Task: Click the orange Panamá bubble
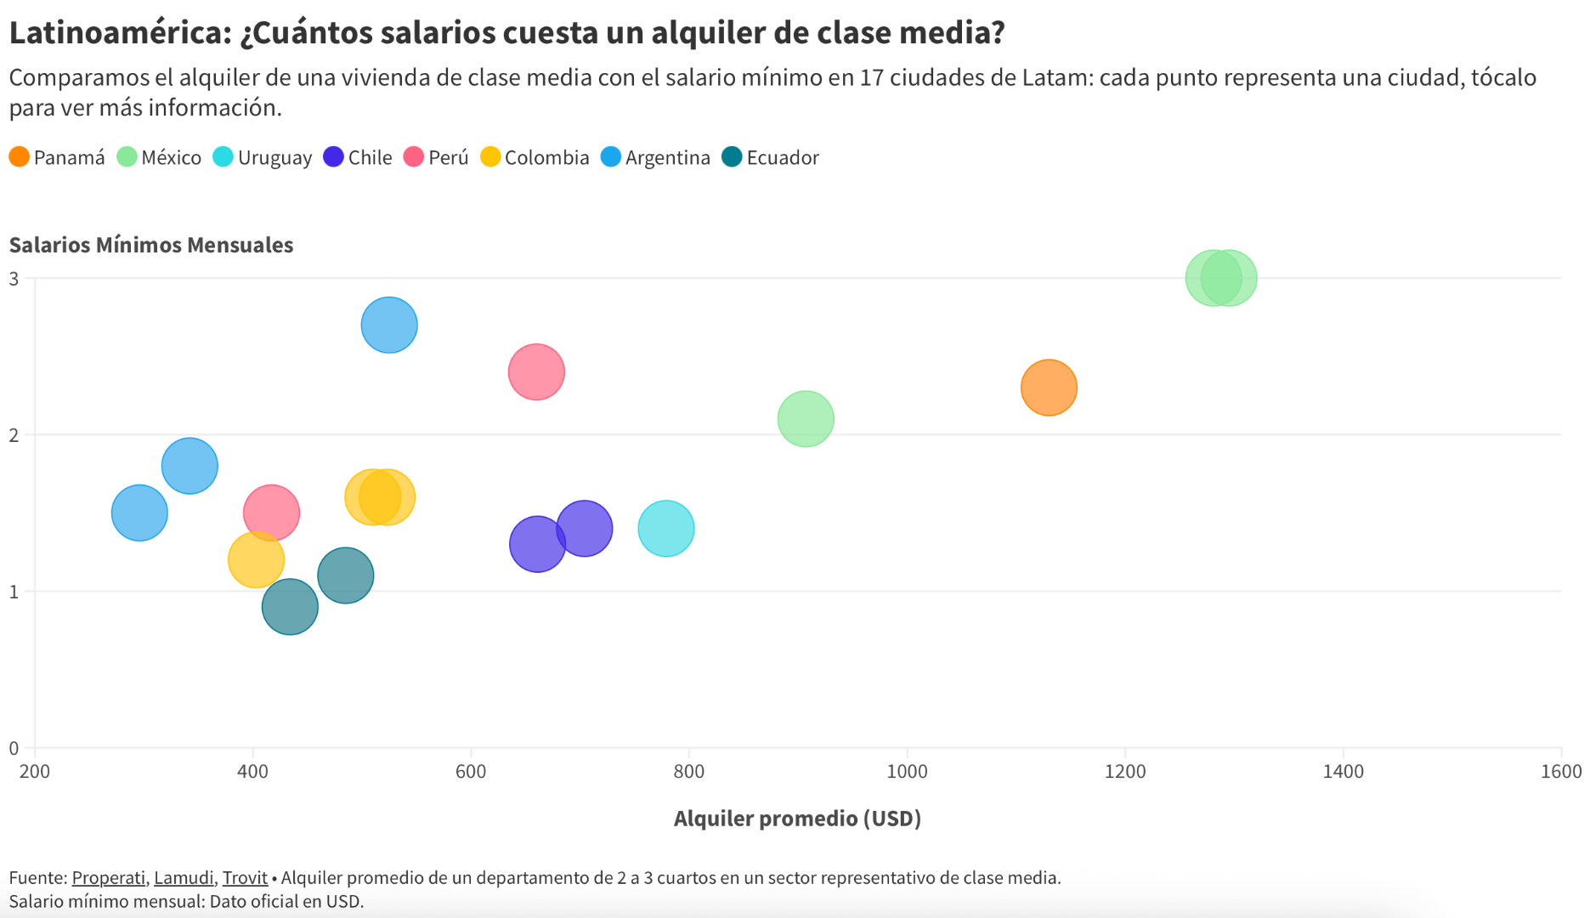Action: pyautogui.click(x=1049, y=388)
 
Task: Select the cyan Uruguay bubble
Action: pyautogui.click(x=666, y=529)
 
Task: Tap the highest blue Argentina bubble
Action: pyautogui.click(x=389, y=325)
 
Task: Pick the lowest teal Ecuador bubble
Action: pyautogui.click(x=290, y=607)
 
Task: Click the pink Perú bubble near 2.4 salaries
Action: pyautogui.click(x=536, y=371)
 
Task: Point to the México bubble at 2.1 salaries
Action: pyautogui.click(x=806, y=419)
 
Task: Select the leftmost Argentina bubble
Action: pyautogui.click(x=139, y=513)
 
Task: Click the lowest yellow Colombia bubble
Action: pyautogui.click(x=256, y=560)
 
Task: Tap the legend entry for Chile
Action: pyautogui.click(x=358, y=157)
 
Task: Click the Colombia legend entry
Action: pyautogui.click(x=535, y=157)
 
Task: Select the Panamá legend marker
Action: pyautogui.click(x=20, y=157)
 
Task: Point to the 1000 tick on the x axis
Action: pyautogui.click(x=907, y=771)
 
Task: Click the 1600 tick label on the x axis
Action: pyautogui.click(x=1561, y=771)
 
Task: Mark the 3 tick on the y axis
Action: pyautogui.click(x=14, y=279)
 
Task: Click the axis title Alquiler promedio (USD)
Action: pyautogui.click(x=797, y=819)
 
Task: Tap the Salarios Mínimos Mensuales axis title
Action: pyautogui.click(x=151, y=245)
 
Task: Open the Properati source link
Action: pyautogui.click(x=109, y=877)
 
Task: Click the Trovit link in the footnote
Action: pyautogui.click(x=245, y=877)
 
